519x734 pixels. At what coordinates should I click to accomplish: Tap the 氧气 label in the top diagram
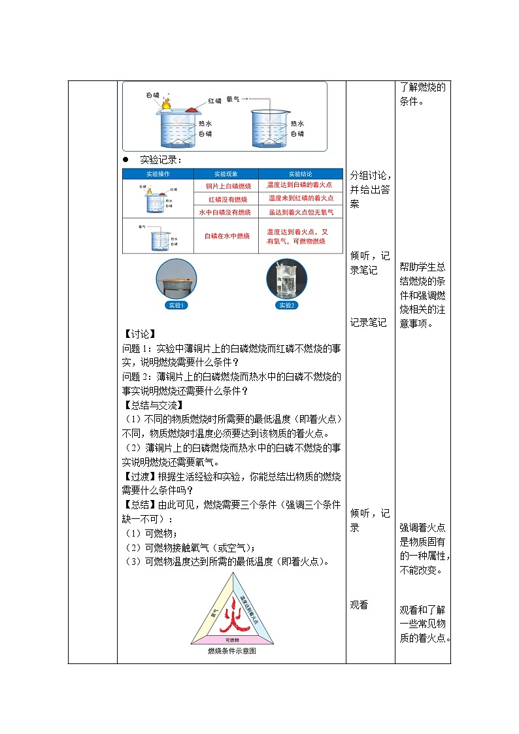[233, 99]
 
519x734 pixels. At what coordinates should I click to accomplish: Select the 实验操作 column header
[158, 174]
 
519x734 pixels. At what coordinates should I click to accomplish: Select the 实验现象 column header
[226, 174]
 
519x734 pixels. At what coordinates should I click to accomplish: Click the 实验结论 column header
[301, 174]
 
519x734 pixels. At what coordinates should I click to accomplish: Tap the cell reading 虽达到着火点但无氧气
[301, 212]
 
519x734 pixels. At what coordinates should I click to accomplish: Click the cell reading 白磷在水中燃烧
[227, 235]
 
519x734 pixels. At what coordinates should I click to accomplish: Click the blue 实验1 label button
[176, 305]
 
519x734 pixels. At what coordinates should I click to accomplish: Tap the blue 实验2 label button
[287, 305]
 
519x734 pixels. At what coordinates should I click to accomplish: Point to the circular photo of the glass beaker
[287, 279]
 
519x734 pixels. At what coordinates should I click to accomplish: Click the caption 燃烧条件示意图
[232, 651]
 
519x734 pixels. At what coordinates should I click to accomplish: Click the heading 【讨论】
[139, 335]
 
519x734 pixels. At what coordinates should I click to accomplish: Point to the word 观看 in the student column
[359, 605]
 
